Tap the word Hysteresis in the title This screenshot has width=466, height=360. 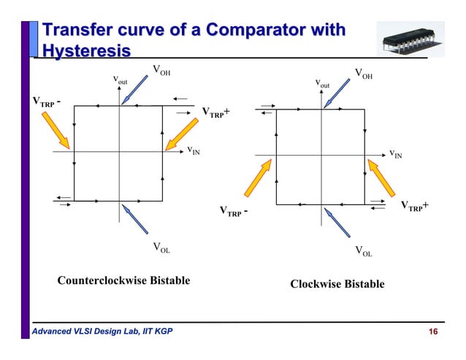point(86,52)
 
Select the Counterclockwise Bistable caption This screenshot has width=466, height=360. point(123,280)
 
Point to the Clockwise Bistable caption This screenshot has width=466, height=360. point(337,283)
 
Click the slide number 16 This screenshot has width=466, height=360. point(432,333)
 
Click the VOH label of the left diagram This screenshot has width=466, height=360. point(161,70)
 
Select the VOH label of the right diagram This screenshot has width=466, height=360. point(363,73)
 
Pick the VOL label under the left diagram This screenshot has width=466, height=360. point(161,248)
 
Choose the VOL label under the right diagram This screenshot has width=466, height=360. point(363,252)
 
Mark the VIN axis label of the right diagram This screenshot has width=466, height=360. point(395,154)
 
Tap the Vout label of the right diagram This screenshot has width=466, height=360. point(322,85)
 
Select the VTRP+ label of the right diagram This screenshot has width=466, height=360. point(414,207)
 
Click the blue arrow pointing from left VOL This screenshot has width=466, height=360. point(137,220)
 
